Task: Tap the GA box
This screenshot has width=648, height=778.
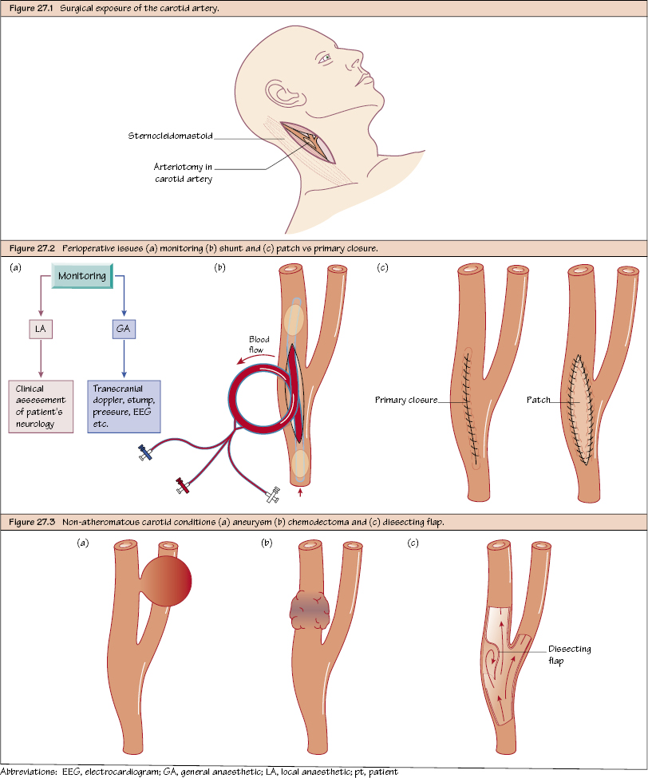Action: tap(123, 330)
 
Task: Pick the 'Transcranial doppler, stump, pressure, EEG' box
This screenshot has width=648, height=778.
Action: tap(124, 406)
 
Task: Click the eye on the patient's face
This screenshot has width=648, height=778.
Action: tap(324, 58)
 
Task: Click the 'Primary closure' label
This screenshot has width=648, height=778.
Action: tap(405, 401)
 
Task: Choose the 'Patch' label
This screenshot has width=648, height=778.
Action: tap(539, 401)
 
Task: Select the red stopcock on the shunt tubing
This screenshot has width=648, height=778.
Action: tap(184, 483)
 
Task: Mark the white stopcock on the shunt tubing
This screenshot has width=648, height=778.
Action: tap(271, 496)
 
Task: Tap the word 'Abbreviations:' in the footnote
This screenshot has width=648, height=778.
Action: tap(30, 772)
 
